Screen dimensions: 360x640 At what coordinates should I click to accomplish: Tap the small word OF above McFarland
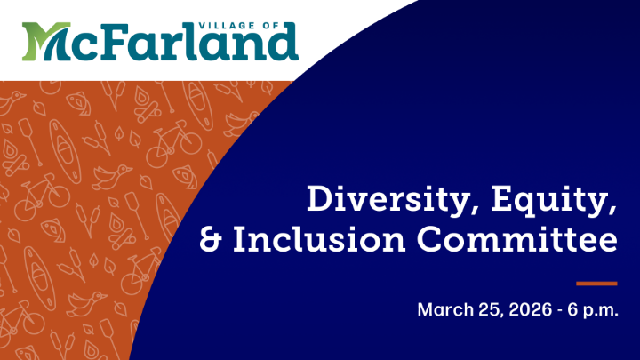click(x=282, y=20)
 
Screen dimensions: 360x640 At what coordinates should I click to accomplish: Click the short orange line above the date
click(x=596, y=283)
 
